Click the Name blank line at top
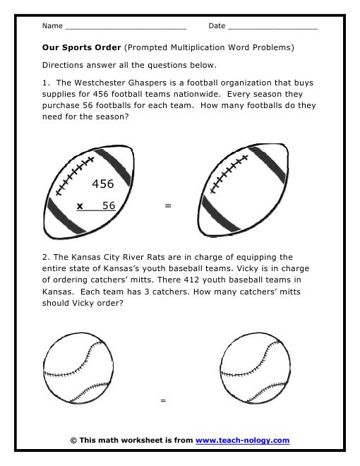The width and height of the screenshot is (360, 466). click(x=125, y=28)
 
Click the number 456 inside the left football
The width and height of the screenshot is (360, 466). click(x=103, y=184)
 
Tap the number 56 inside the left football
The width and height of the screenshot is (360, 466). click(x=109, y=205)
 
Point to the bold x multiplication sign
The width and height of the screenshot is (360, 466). click(x=80, y=205)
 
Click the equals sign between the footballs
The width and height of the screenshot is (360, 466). click(x=168, y=206)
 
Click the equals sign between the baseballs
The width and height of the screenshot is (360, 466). click(x=163, y=400)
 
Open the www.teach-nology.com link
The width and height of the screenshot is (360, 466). click(x=242, y=440)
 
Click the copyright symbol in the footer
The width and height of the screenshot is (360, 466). click(x=73, y=440)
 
